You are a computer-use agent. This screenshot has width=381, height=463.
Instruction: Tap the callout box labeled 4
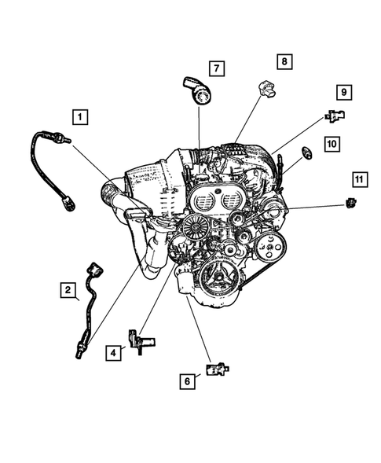point(114,354)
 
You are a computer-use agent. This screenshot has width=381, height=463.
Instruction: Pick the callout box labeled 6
point(187,380)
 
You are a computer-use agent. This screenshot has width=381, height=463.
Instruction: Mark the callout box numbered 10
point(332,144)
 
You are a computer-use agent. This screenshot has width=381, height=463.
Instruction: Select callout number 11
point(358,182)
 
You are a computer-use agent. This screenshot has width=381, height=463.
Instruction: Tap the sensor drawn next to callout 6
point(218,368)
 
